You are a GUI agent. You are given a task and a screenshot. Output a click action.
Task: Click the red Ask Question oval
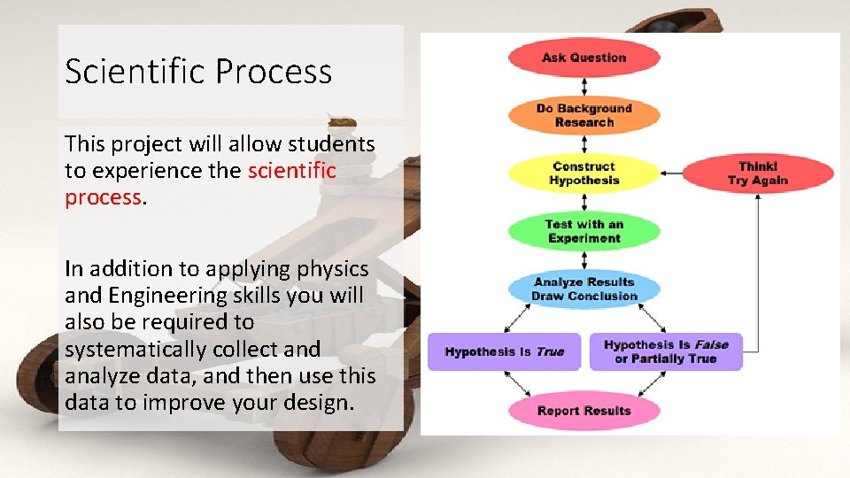click(x=583, y=58)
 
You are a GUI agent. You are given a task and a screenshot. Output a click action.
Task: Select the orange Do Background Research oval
click(x=583, y=115)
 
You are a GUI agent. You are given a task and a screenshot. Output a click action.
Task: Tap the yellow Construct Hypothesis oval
click(x=583, y=173)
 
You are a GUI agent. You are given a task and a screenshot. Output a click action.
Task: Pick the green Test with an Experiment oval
click(x=583, y=231)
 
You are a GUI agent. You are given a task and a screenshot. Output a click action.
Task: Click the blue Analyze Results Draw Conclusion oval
click(x=583, y=289)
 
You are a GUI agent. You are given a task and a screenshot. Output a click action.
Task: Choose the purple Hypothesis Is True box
click(x=504, y=351)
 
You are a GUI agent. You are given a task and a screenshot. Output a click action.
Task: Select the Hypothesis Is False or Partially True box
click(x=672, y=351)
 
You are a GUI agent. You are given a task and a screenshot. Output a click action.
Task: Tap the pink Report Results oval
click(x=583, y=411)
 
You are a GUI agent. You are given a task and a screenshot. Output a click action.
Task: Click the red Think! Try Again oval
click(x=757, y=173)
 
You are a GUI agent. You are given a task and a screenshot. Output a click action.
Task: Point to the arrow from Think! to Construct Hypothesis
click(x=671, y=173)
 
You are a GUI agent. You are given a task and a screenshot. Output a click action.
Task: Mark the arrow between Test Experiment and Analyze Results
click(x=583, y=259)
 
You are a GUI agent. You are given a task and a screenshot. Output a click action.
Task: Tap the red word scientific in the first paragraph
click(x=292, y=170)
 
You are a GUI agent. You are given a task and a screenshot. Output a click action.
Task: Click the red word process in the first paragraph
click(x=103, y=197)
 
